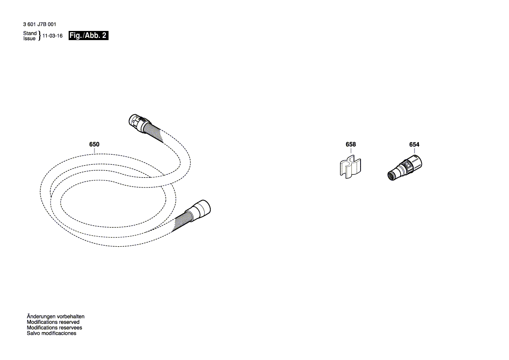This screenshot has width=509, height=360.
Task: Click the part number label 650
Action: (x=94, y=144)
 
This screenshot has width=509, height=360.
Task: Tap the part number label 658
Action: (x=351, y=144)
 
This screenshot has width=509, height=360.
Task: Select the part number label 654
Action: (x=415, y=144)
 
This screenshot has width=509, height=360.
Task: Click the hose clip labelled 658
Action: (x=350, y=168)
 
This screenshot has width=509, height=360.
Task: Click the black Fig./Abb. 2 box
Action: (x=88, y=36)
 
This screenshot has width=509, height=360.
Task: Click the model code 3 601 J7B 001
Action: (x=39, y=25)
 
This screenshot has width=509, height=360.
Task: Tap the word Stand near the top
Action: (x=30, y=34)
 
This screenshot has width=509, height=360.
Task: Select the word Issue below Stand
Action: (x=30, y=39)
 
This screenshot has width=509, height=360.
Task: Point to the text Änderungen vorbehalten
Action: (x=55, y=316)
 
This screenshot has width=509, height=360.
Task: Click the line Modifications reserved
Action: (x=53, y=322)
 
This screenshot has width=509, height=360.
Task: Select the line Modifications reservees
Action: (x=54, y=328)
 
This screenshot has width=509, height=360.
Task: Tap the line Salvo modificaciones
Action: (x=51, y=333)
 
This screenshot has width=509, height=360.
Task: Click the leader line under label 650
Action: (x=94, y=151)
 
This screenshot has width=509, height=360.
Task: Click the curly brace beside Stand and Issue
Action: (x=40, y=36)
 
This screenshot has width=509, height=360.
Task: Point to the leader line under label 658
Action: (x=351, y=152)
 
